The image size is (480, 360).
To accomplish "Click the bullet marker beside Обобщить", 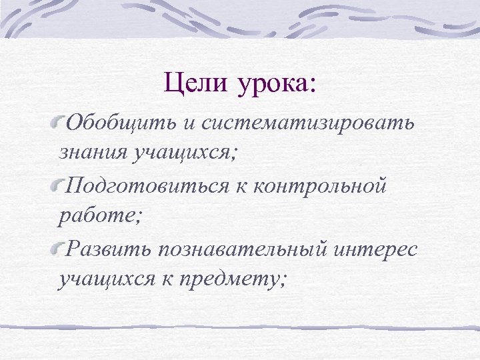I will (x=61, y=122).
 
